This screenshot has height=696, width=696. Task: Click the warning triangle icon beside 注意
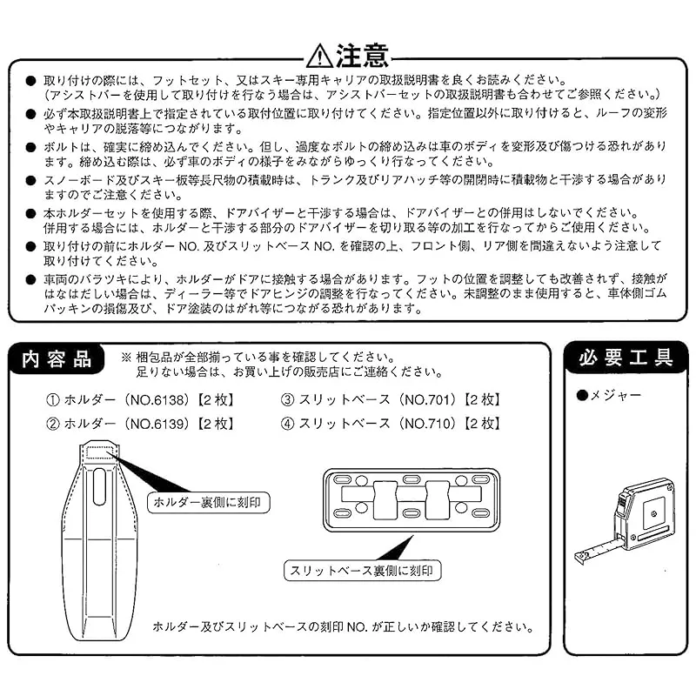pyautogui.click(x=319, y=57)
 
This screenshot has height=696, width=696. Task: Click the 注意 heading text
pyautogui.click(x=362, y=56)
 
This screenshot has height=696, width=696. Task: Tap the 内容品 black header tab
pyautogui.click(x=57, y=359)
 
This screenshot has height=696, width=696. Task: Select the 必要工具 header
pyautogui.click(x=626, y=358)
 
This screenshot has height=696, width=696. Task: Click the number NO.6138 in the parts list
pyautogui.click(x=155, y=400)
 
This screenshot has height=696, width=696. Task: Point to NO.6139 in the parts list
pyautogui.click(x=155, y=424)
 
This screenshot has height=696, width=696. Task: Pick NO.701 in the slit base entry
pyautogui.click(x=427, y=400)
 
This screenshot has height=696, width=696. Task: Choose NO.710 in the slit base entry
pyautogui.click(x=427, y=424)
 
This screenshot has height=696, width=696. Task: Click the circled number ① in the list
pyautogui.click(x=53, y=400)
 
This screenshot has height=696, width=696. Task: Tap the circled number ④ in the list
pyautogui.click(x=288, y=424)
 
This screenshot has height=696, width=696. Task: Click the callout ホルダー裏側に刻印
pyautogui.click(x=208, y=503)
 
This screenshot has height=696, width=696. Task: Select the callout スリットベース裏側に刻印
pyautogui.click(x=362, y=571)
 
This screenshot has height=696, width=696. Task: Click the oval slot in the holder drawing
pyautogui.click(x=99, y=486)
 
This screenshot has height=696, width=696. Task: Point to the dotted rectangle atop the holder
pyautogui.click(x=99, y=452)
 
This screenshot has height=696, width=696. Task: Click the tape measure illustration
pyautogui.click(x=625, y=521)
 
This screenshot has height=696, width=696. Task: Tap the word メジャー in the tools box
pyautogui.click(x=616, y=395)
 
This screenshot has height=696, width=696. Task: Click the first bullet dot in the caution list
pyautogui.click(x=30, y=81)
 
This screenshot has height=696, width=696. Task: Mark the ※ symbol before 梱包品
pyautogui.click(x=126, y=358)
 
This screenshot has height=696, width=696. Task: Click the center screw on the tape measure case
pyautogui.click(x=653, y=514)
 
